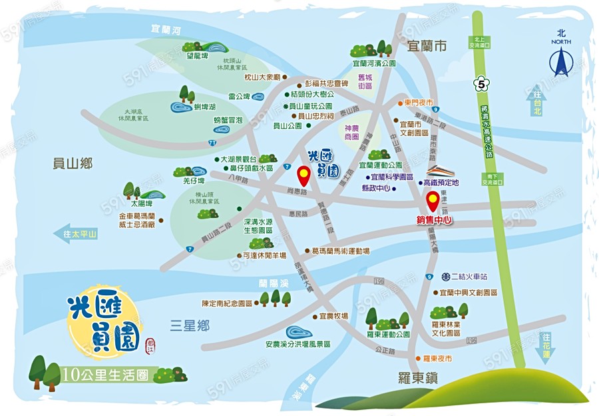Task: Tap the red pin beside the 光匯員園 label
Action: pos(303,177)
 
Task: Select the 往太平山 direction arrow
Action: pos(75,234)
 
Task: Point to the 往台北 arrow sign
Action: pos(536,102)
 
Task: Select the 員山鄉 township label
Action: pos(73,163)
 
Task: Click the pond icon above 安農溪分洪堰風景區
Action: pos(297,331)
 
